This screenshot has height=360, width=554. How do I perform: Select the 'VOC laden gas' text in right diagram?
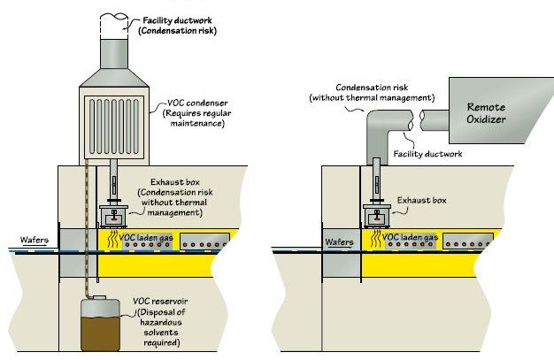tap(412, 239)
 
